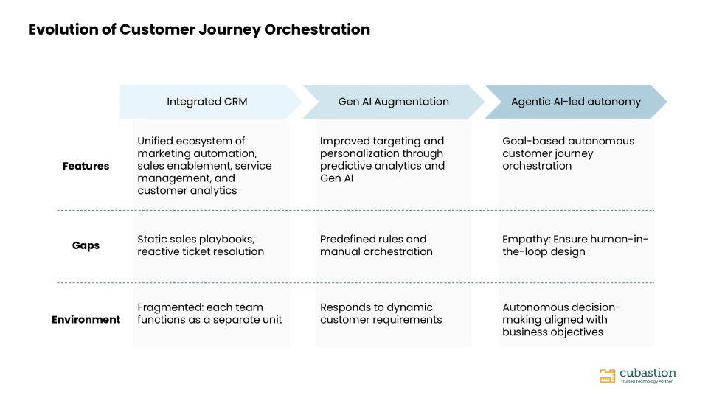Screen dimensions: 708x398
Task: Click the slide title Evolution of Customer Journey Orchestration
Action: tap(199, 29)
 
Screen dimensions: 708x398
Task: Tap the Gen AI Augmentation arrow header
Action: tap(393, 102)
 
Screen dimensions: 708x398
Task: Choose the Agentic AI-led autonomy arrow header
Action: tap(576, 102)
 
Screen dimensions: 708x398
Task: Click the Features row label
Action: tap(86, 166)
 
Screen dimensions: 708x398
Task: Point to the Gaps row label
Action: tap(86, 246)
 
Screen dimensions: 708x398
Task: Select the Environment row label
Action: tap(86, 319)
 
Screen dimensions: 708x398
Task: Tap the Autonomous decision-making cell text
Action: tap(561, 319)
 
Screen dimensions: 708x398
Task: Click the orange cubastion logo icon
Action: tap(607, 375)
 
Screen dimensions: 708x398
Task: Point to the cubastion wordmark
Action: tap(648, 373)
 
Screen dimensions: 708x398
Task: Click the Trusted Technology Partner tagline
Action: tap(647, 381)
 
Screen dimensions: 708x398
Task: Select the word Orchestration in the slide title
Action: tap(317, 29)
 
